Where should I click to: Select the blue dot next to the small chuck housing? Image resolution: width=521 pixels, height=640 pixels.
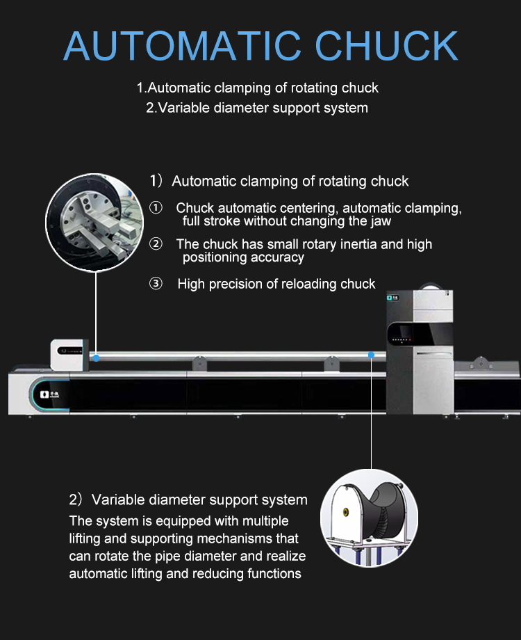[x=97, y=358]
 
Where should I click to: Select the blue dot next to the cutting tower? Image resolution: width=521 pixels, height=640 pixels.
[x=372, y=355]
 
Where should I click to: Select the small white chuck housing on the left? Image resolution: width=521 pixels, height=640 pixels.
[x=69, y=353]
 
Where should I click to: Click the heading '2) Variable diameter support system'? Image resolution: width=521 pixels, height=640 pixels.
[x=188, y=500]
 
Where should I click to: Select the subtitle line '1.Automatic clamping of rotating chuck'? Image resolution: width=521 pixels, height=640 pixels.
[x=257, y=88]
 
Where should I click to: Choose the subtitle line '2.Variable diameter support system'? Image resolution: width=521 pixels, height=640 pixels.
[x=257, y=108]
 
